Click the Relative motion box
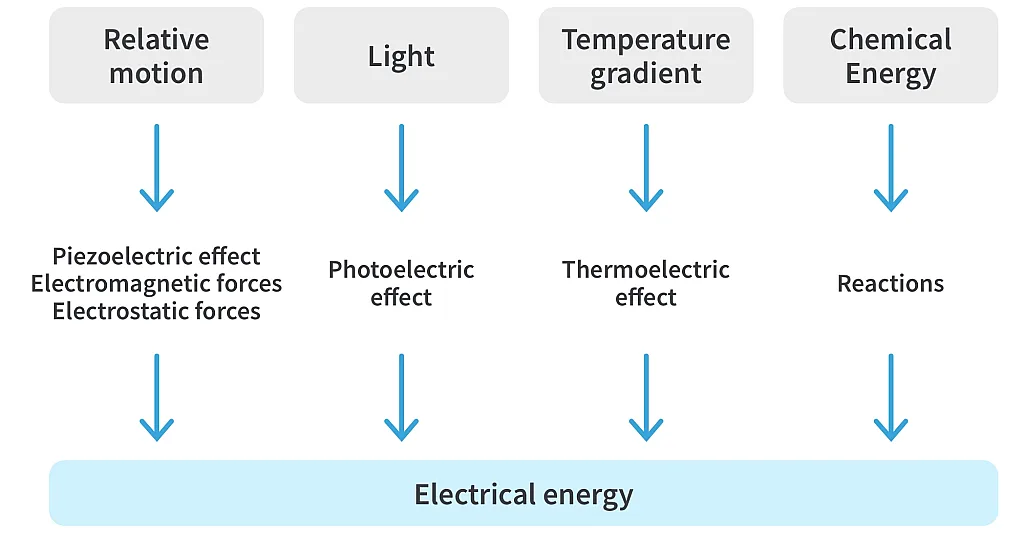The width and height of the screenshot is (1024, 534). (x=156, y=56)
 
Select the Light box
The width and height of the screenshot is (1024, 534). (x=401, y=56)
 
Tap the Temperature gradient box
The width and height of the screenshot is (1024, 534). (x=646, y=56)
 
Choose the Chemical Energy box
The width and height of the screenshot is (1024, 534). (x=890, y=56)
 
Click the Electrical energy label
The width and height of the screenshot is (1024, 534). (x=523, y=494)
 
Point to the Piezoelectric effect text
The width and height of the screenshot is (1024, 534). (x=156, y=256)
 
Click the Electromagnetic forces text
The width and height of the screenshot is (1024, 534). (x=156, y=284)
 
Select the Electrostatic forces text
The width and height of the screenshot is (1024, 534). (x=156, y=311)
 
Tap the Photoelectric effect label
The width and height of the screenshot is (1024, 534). (x=401, y=283)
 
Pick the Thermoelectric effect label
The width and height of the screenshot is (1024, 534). (x=646, y=283)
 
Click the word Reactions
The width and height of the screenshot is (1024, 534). (x=890, y=284)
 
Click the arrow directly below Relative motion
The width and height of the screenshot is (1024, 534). (x=156, y=167)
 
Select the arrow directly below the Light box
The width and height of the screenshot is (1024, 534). (x=401, y=167)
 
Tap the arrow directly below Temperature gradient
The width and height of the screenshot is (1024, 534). (x=646, y=167)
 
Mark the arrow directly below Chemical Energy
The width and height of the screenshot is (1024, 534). (x=890, y=167)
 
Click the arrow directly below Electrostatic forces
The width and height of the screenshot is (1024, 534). (x=156, y=397)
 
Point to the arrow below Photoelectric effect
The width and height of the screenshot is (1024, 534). (x=401, y=397)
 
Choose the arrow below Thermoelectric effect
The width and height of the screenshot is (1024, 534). (x=646, y=397)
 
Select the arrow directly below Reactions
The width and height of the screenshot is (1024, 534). (x=890, y=397)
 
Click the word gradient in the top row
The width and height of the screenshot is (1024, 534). (x=646, y=75)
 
